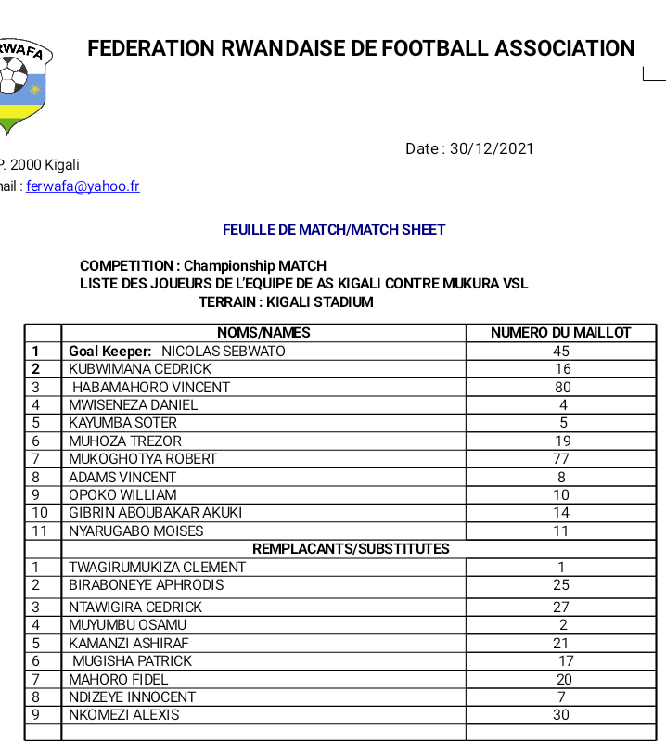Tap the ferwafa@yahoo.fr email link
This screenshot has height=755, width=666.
point(83,186)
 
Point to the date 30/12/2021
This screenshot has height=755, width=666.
point(492,148)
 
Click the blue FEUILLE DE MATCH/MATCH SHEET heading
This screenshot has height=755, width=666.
point(334,229)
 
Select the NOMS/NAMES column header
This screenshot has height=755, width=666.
point(263,333)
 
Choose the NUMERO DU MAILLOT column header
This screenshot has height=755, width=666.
point(560,333)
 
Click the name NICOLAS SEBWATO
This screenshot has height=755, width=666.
point(223,352)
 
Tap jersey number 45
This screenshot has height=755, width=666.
point(561,352)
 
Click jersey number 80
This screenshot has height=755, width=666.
point(562,387)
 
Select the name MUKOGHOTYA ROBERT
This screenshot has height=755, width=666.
point(143,458)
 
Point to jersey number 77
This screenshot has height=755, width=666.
point(562,458)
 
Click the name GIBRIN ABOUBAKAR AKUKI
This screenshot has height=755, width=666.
point(155,512)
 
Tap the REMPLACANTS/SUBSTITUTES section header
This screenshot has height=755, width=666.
point(351,548)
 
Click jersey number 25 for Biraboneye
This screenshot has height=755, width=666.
point(561,585)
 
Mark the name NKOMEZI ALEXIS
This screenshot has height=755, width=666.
point(124,715)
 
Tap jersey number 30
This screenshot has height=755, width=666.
point(561,715)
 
